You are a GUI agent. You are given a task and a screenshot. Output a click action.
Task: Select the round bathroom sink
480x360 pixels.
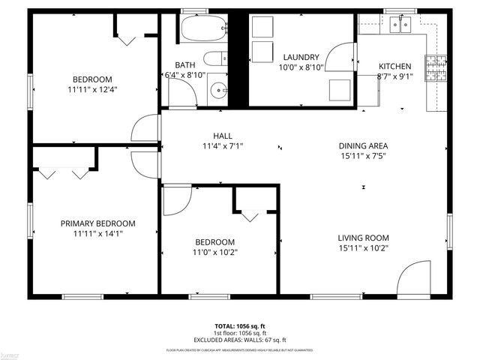(220, 90)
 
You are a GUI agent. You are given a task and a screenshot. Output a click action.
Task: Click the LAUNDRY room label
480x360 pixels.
(301, 57)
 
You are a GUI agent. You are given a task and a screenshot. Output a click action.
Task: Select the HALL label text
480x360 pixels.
(223, 136)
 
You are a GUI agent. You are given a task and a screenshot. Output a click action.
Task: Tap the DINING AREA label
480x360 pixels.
(363, 146)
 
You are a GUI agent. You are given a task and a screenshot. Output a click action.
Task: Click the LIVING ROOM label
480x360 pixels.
(363, 238)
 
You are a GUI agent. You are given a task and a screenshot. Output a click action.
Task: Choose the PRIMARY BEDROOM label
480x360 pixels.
(98, 223)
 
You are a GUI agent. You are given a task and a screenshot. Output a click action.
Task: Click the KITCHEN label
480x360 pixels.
(394, 66)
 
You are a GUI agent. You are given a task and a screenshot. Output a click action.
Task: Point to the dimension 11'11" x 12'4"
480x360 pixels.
(92, 89)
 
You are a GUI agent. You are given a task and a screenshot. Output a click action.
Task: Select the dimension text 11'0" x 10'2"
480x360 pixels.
(214, 252)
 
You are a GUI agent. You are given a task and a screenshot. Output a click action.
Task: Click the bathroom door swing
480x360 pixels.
(180, 92)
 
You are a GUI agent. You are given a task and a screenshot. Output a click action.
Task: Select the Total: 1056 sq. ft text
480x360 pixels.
(240, 326)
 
